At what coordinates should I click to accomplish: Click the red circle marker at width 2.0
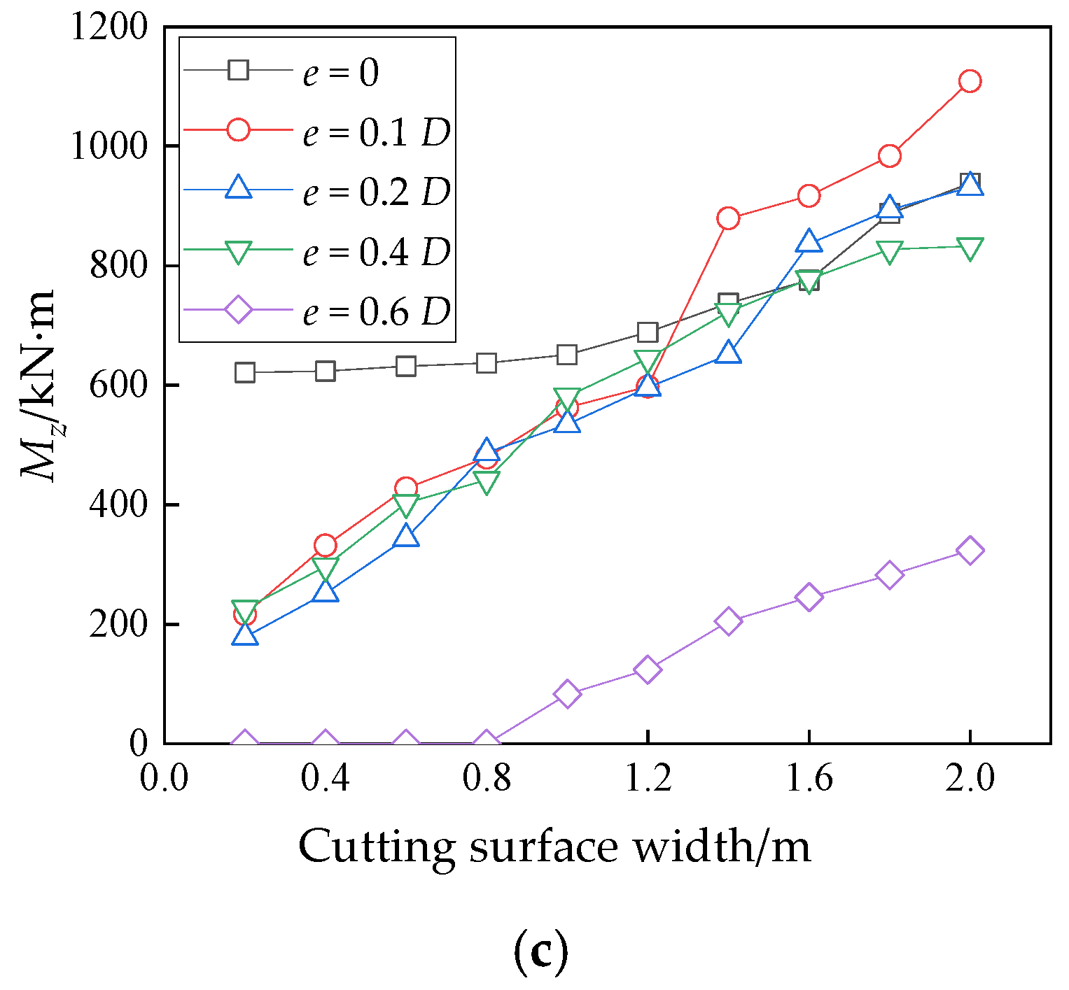pos(970,81)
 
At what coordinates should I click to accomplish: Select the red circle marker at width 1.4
pos(728,218)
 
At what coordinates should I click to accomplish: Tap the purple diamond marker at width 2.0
pos(970,551)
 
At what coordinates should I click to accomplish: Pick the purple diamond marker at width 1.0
pos(567,693)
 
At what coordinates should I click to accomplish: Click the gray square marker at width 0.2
pos(245,372)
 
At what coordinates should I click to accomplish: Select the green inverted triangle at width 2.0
pos(970,248)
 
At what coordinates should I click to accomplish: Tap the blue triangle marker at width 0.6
pos(406,537)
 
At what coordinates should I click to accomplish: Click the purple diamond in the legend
pos(238,309)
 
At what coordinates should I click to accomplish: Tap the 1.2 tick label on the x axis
pos(648,778)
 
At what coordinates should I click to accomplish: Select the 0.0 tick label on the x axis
pos(165,778)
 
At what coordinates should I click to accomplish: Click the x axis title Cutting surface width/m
pos(554,846)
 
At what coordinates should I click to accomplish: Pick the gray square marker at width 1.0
pos(567,355)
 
